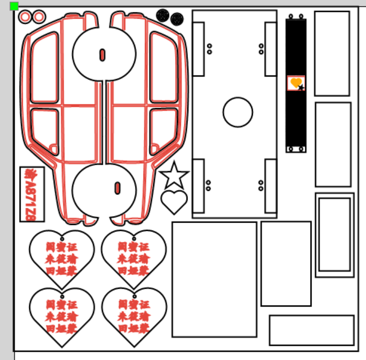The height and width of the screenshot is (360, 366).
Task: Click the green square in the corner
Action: (14, 6)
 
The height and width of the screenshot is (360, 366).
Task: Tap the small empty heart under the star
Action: (174, 201)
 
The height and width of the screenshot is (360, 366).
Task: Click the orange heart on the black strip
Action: (295, 82)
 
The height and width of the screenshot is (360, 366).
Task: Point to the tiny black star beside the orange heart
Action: (301, 88)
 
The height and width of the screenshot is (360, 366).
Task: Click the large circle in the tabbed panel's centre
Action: (238, 112)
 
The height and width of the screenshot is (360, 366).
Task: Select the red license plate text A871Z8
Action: (32, 194)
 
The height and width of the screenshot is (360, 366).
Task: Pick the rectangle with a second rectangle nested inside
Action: (335, 235)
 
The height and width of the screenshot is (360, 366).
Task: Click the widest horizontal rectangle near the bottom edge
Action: (312, 330)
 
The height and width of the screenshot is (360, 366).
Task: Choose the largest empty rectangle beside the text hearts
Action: (214, 279)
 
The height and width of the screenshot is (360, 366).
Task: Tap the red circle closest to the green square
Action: (25, 17)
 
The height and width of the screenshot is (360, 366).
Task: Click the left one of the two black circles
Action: (162, 15)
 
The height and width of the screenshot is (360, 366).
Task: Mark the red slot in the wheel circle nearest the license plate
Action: (117, 188)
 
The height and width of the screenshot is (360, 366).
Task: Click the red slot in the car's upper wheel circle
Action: (102, 54)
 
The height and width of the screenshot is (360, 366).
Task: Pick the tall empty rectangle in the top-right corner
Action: (332, 53)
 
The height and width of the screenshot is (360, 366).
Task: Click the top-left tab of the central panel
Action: (198, 49)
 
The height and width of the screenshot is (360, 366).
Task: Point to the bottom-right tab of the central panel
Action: (271, 186)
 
